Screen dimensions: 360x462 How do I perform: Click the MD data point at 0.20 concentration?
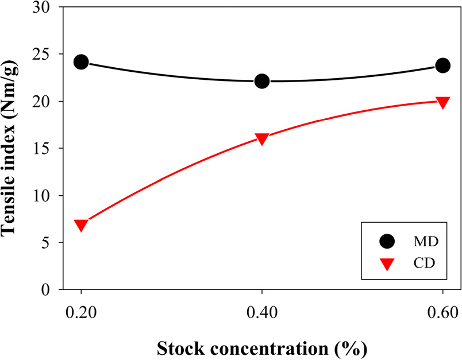(x=81, y=62)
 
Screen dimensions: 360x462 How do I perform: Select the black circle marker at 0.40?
(x=262, y=81)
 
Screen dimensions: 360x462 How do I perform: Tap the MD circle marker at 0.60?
(x=442, y=65)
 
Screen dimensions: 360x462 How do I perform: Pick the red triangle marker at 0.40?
(x=262, y=139)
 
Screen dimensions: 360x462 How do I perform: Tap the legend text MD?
(x=425, y=242)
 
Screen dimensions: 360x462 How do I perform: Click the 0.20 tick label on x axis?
(x=81, y=313)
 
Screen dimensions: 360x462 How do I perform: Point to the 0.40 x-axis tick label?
(x=262, y=313)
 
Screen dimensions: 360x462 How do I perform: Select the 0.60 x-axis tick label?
(x=442, y=313)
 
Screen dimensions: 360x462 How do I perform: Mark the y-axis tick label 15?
(x=43, y=149)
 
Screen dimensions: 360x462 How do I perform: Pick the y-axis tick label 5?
(x=47, y=243)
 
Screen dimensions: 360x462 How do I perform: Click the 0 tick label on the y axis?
(x=47, y=290)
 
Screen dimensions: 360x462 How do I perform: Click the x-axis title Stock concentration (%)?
(x=261, y=347)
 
